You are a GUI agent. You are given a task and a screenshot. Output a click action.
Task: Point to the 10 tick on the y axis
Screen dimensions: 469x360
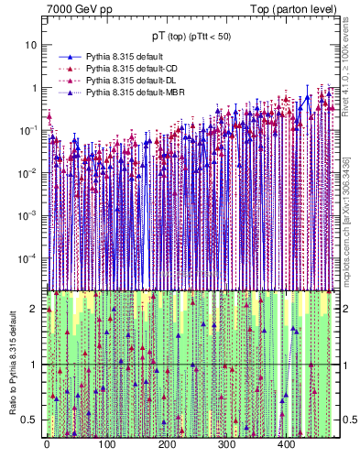click(x=30, y=45)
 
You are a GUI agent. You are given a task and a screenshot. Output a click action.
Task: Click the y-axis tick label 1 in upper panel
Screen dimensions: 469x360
click(x=34, y=88)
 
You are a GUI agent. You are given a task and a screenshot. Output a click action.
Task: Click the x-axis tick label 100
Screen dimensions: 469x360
click(x=106, y=445)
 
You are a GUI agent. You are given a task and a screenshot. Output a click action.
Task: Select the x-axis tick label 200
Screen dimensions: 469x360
click(x=167, y=445)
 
